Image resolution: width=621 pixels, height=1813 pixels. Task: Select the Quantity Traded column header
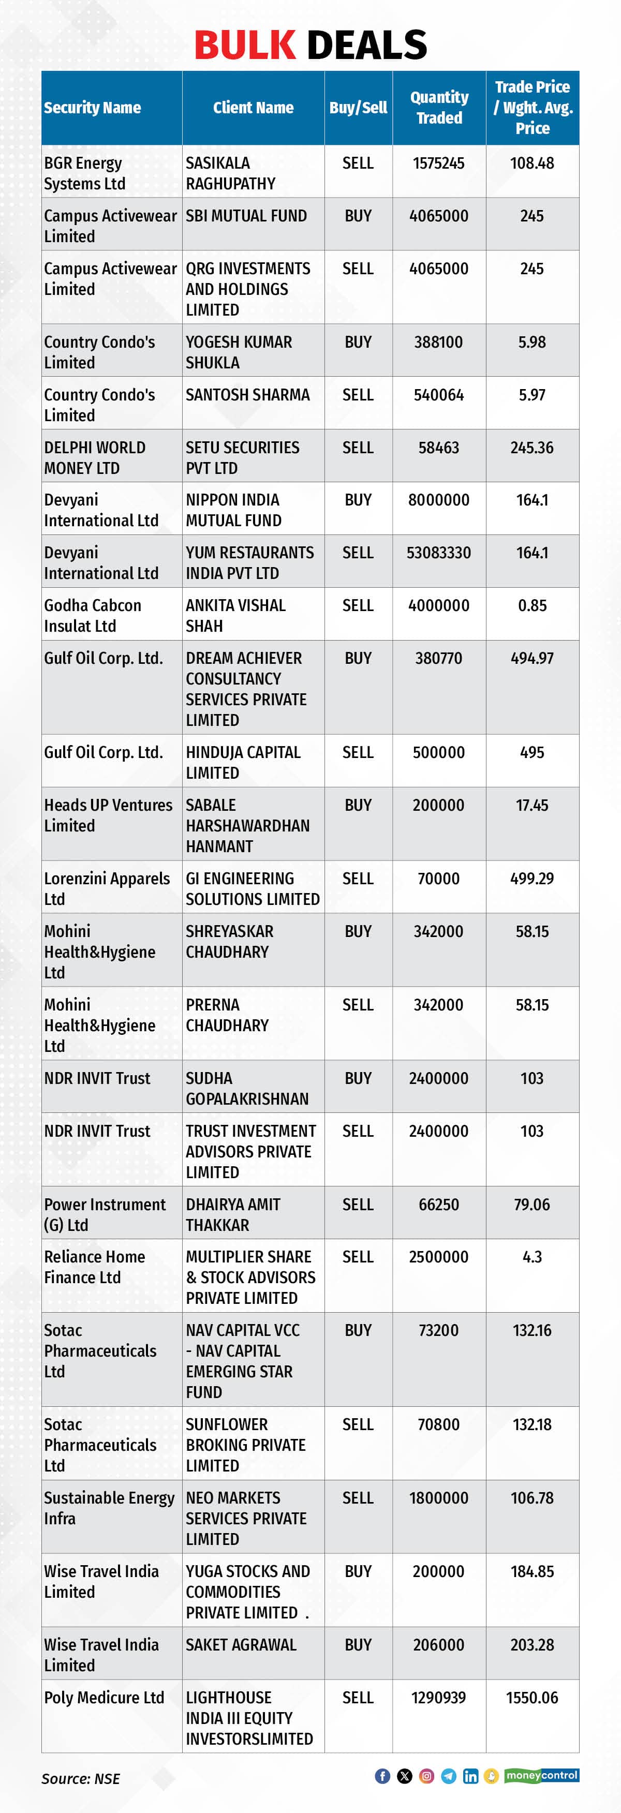(439, 108)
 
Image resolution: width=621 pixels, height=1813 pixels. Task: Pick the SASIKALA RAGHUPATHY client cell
(230, 173)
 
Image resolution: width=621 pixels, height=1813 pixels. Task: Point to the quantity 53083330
(439, 553)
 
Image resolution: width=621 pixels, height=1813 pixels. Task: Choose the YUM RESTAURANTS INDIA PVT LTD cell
(249, 563)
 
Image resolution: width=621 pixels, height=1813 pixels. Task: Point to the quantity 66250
(439, 1205)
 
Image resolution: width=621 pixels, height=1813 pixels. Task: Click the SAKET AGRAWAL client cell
(241, 1645)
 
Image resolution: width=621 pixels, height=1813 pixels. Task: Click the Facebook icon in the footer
(382, 1776)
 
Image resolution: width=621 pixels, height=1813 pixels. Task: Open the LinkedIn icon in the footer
(470, 1776)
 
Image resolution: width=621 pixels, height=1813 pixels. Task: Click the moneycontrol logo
(541, 1775)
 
